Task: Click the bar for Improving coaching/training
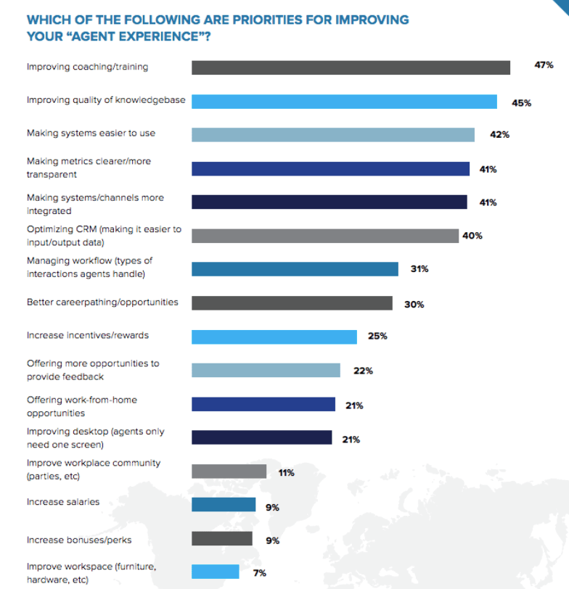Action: coord(351,67)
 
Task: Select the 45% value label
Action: coord(521,103)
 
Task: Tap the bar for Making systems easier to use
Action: coord(333,135)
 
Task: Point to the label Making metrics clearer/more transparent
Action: coord(89,168)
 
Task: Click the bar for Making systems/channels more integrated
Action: coord(329,202)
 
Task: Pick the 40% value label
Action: coord(472,236)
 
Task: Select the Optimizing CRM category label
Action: coord(104,235)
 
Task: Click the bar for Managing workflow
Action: coord(295,269)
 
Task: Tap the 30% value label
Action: coord(414,304)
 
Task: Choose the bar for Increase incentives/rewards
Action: coord(274,337)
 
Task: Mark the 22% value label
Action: coord(363,371)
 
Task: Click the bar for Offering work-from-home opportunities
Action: coord(263,404)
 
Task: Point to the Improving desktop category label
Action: coord(95,437)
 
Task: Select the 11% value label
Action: coord(286,473)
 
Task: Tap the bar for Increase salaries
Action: coord(224,505)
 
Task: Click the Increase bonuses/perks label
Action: coord(79,540)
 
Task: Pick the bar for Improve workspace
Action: coord(216,572)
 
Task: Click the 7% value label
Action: coord(259,573)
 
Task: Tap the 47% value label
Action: coord(544,65)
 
